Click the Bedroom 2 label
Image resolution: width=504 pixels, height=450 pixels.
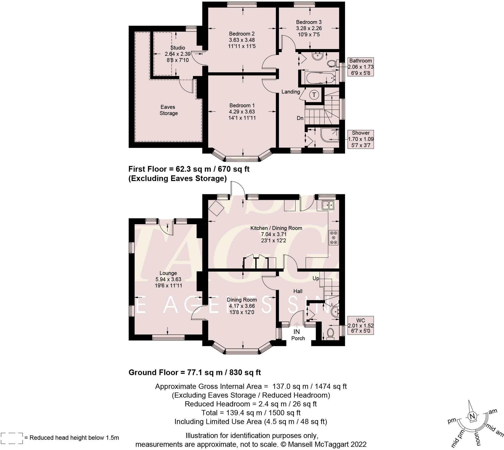tap(242, 34)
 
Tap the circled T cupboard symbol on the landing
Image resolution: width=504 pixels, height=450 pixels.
tap(314, 95)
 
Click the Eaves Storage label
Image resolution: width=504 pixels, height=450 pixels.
tap(168, 110)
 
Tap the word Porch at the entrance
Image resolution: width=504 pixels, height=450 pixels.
tap(298, 338)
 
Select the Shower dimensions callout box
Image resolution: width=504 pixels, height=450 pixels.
tap(361, 139)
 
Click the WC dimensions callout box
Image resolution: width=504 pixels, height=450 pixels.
tap(361, 325)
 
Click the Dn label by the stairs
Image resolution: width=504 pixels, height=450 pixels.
tap(300, 118)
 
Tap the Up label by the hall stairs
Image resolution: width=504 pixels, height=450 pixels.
tap(316, 278)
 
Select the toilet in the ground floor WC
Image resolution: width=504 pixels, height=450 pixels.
tap(330, 333)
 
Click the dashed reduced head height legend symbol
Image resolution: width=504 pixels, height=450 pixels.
tap(12, 438)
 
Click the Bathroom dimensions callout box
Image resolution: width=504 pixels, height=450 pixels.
tap(361, 67)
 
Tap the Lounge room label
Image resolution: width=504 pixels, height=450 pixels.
tap(168, 273)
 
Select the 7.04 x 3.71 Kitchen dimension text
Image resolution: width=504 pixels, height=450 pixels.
tap(274, 234)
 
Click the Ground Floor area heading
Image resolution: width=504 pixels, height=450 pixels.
tap(194, 372)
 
